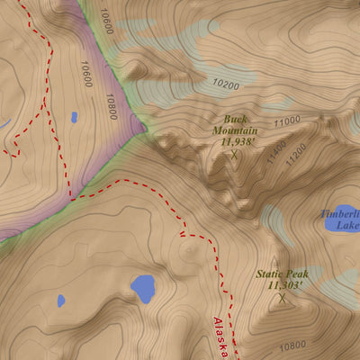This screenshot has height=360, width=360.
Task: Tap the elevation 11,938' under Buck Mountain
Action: pyautogui.click(x=235, y=142)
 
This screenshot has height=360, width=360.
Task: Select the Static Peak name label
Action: pyautogui.click(x=282, y=274)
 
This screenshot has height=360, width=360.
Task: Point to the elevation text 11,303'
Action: pyautogui.click(x=282, y=285)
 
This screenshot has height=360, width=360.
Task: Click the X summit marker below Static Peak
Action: pyautogui.click(x=283, y=298)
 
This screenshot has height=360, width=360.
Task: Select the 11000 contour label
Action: pyautogui.click(x=287, y=121)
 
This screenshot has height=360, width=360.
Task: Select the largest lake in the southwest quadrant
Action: pyautogui.click(x=142, y=288)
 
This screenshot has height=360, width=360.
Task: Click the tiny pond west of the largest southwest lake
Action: pyautogui.click(x=61, y=301)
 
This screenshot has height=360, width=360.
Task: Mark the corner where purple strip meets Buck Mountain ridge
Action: pyautogui.click(x=144, y=135)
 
